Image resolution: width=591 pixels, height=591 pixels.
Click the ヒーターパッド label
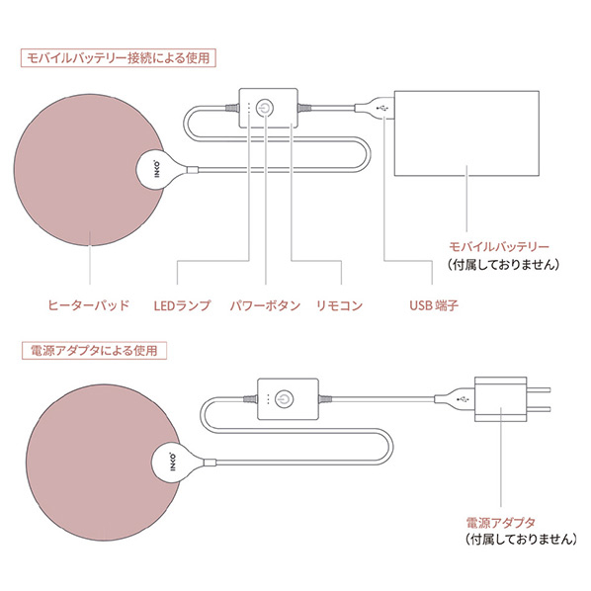tap(88, 305)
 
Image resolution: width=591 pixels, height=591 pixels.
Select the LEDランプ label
tap(183, 305)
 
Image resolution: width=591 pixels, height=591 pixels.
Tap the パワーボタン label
tap(265, 305)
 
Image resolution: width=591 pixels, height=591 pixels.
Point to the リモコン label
tap(339, 305)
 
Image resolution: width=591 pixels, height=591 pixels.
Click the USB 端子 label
tap(434, 305)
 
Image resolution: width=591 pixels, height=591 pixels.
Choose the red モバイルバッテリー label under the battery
tap(499, 247)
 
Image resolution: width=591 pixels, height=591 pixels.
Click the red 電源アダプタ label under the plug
tap(500, 523)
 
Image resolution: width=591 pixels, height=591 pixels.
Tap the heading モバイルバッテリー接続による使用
tap(118, 58)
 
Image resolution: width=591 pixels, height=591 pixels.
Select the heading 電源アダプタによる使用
tap(94, 351)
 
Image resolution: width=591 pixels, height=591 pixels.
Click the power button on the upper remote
tap(265, 108)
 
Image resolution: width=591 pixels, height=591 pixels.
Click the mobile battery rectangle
tap(466, 133)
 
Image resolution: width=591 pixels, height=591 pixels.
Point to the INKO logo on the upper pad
tap(157, 169)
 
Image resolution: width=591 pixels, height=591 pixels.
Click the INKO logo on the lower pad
tap(172, 462)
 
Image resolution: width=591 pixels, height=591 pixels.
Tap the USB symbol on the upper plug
tap(382, 108)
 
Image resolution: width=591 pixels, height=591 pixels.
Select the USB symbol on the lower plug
tap(463, 399)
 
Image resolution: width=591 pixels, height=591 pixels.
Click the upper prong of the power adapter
tap(539, 389)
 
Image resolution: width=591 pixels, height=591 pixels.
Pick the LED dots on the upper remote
tap(248, 108)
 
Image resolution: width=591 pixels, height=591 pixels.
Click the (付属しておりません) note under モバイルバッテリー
tap(504, 264)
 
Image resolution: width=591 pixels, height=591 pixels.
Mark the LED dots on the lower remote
tap(268, 399)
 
